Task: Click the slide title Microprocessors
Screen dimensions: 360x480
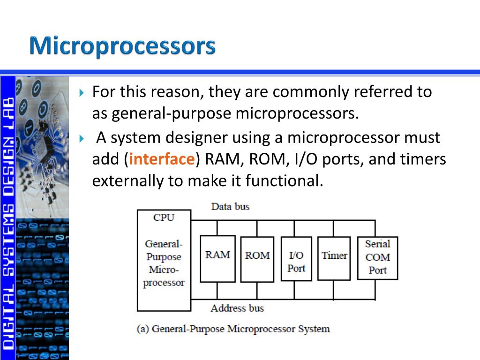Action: [122, 47]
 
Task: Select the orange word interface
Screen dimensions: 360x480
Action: [162, 159]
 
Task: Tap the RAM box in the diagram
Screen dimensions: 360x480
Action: [217, 258]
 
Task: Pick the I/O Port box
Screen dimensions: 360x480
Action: [296, 259]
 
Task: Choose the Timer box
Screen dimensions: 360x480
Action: [334, 258]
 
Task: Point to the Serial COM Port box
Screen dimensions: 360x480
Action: [377, 258]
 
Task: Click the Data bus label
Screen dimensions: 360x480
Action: [230, 206]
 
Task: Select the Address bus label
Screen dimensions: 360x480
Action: [237, 308]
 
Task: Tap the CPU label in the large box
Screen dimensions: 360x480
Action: [164, 217]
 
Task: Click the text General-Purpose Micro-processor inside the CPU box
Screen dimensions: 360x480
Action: [164, 263]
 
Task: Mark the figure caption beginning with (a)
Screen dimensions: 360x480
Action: [233, 329]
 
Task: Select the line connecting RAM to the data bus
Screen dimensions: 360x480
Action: [217, 228]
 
